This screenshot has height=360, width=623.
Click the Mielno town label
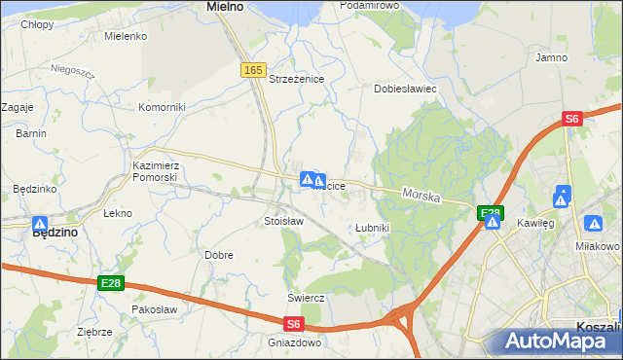point(225,7)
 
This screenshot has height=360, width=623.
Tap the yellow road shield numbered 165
point(253,70)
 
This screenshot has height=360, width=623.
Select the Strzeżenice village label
point(296,80)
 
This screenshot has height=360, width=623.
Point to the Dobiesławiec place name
point(405,89)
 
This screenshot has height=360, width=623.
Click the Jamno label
point(552,58)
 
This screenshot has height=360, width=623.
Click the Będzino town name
point(55,234)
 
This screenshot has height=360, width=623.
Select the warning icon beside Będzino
point(40,223)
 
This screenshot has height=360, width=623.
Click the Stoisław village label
point(283,222)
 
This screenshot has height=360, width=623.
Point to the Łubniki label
point(372,228)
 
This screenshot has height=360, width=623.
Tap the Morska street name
point(421,197)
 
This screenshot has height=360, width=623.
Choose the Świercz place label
point(305,297)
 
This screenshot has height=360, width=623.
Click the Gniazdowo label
point(294,342)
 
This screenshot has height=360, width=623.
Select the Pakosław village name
point(154,309)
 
